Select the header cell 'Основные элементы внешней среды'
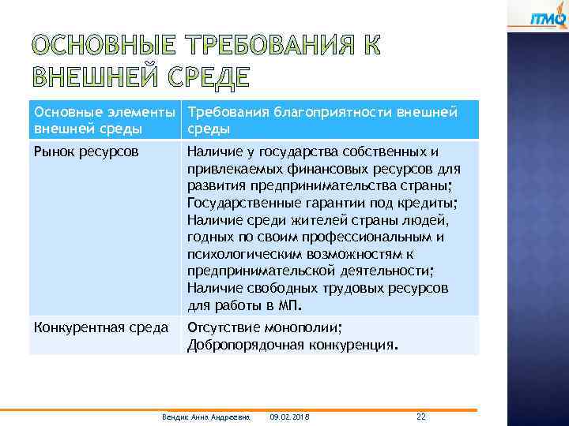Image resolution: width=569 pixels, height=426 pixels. point(104,120)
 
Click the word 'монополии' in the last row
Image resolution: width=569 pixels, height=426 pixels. point(304,327)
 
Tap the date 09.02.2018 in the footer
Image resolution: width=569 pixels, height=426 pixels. point(290,416)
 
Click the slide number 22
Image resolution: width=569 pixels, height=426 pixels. point(420,416)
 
